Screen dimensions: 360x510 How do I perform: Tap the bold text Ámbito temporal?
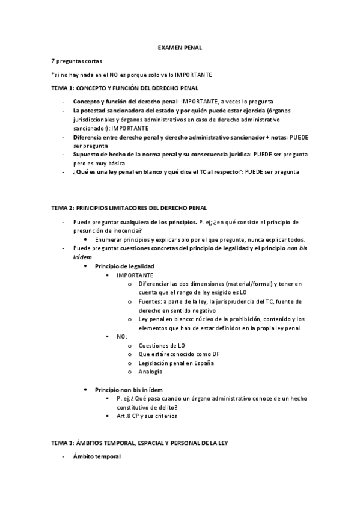pos(97,456)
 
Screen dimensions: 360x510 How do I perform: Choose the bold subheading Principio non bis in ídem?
pos(129,389)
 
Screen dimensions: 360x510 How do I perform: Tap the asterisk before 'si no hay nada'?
pos(53,75)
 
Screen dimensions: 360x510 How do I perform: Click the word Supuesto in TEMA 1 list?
pos(88,155)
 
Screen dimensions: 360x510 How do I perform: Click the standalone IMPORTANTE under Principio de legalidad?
pos(135,274)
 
